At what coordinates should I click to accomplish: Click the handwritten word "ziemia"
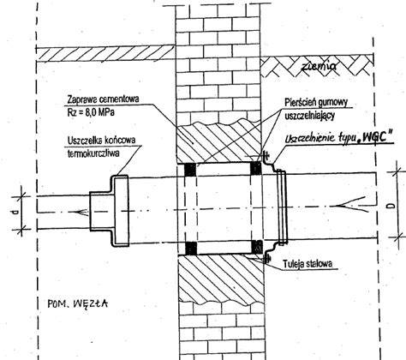click(x=319, y=66)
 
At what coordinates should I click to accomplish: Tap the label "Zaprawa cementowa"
click(x=103, y=99)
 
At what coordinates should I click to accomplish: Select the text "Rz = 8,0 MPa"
click(x=91, y=112)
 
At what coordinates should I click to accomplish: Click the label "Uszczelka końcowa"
click(x=102, y=141)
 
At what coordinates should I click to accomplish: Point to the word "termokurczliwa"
click(x=93, y=153)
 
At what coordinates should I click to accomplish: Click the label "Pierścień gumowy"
click(x=316, y=102)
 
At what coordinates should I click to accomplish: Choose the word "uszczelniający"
click(x=309, y=116)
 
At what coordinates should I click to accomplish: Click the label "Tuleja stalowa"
click(x=307, y=264)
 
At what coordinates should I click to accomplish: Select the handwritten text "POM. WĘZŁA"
click(x=78, y=303)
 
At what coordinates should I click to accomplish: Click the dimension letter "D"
click(x=391, y=206)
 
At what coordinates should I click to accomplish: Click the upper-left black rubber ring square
click(x=190, y=170)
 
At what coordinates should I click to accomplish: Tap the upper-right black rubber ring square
click(x=256, y=168)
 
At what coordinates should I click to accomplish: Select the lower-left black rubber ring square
click(x=191, y=248)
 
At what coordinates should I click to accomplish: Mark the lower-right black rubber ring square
click(x=257, y=247)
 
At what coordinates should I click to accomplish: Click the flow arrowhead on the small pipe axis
click(x=81, y=213)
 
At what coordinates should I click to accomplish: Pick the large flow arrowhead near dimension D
click(x=352, y=205)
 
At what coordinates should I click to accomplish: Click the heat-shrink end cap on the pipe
click(x=110, y=210)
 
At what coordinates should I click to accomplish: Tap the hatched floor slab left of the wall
click(x=105, y=53)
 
